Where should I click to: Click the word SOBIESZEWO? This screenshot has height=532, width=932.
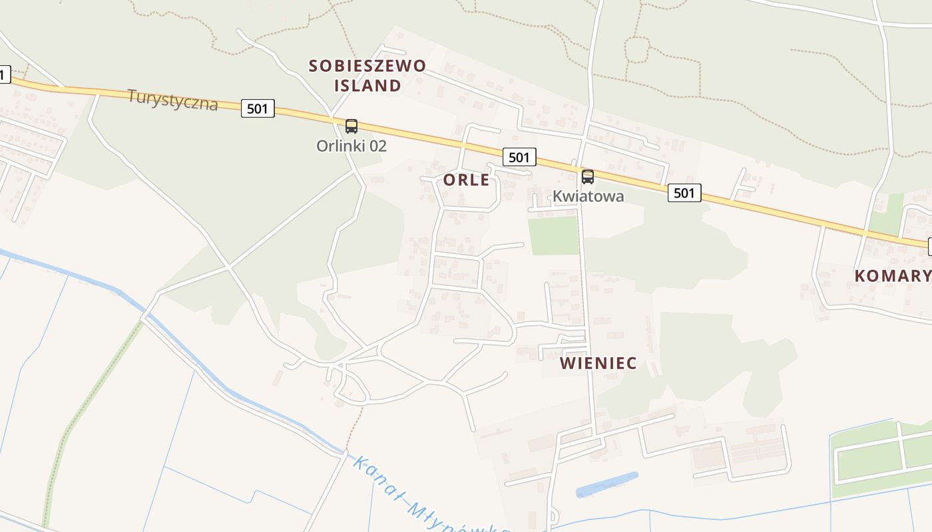(367, 66)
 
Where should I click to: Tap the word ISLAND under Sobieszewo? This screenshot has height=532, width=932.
(367, 86)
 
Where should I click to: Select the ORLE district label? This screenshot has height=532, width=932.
(466, 180)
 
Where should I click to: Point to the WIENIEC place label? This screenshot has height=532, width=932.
(598, 363)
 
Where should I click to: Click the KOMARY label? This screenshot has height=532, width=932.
(892, 276)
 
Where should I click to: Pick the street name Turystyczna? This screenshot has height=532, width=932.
(172, 100)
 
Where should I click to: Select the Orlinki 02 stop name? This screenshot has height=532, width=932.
(351, 146)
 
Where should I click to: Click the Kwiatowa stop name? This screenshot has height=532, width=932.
(588, 196)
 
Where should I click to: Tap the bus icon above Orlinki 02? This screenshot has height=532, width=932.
(351, 126)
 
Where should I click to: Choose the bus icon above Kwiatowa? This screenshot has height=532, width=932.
(587, 177)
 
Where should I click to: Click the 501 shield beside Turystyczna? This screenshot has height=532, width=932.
(258, 108)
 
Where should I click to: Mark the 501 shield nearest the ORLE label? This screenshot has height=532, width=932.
(519, 157)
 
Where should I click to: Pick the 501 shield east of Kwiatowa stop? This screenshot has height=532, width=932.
(684, 193)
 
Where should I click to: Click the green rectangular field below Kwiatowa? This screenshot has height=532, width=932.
(553, 235)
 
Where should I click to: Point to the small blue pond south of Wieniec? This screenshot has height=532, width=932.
(606, 484)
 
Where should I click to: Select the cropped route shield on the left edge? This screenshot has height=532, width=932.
(4, 75)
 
